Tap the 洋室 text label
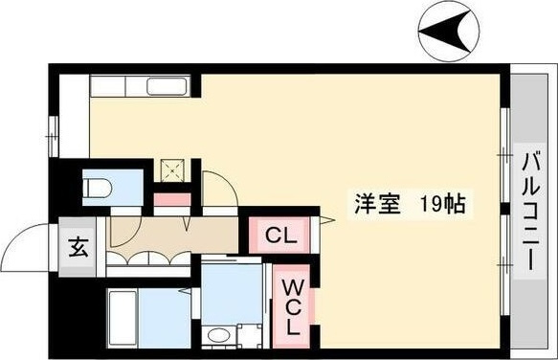(369, 205)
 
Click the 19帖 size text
(440, 205)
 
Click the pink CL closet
(279, 233)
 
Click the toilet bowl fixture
(99, 188)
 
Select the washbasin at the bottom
(219, 336)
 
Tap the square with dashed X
(172, 170)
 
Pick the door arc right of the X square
(216, 187)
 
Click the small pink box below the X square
(172, 201)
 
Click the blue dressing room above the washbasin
(232, 292)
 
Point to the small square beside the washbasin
(251, 336)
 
